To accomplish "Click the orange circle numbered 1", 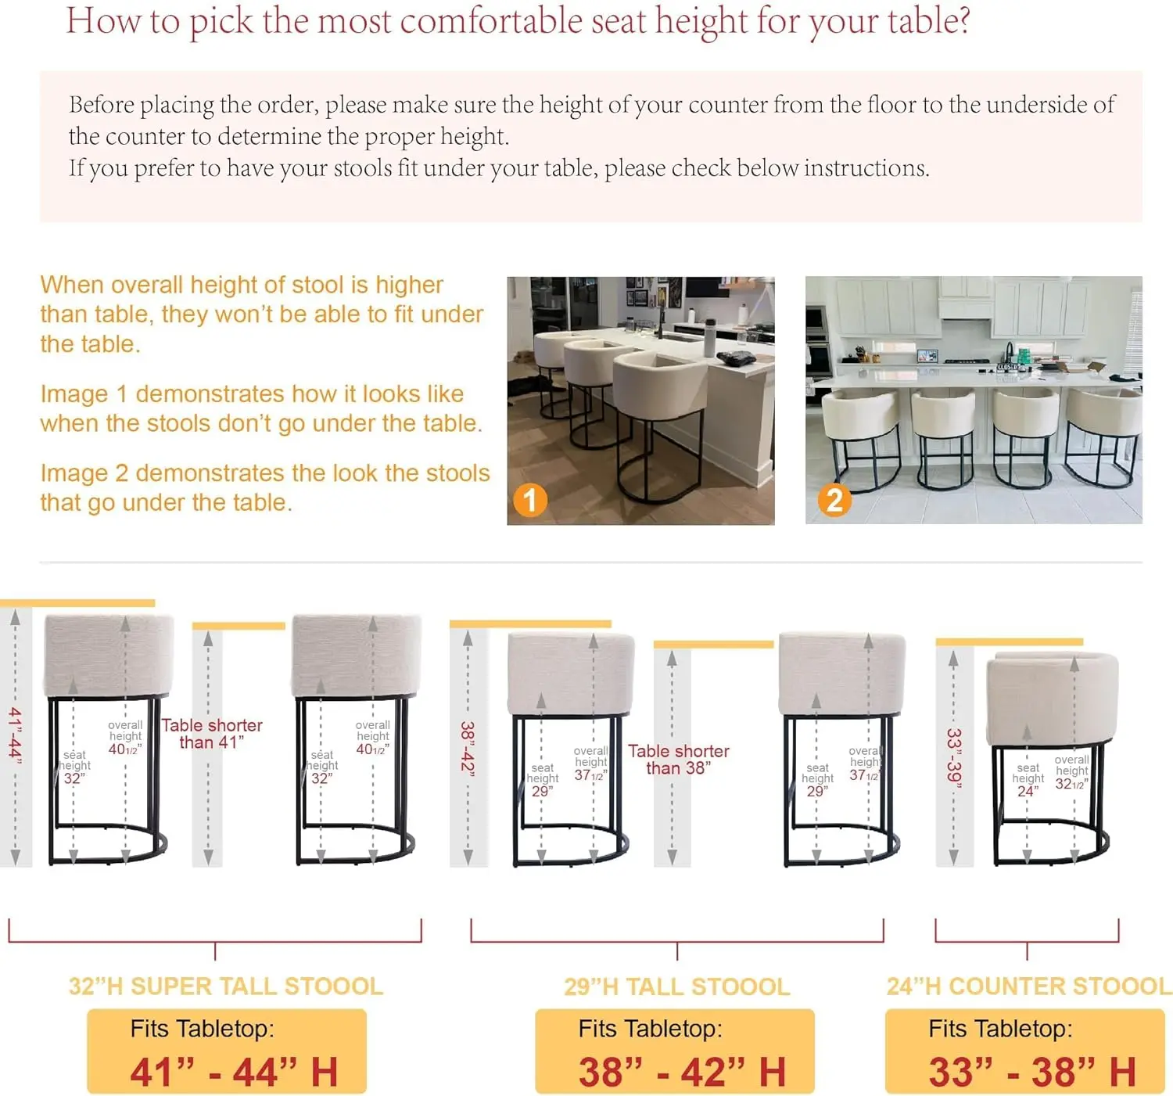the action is tap(529, 500).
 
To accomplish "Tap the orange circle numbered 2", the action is tap(834, 500).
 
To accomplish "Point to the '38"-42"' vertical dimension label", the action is tap(468, 747).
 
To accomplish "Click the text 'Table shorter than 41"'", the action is tap(212, 733).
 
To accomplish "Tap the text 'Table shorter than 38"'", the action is tap(679, 759).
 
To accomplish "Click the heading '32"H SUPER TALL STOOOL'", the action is tap(226, 986).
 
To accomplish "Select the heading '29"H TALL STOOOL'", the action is tap(677, 986).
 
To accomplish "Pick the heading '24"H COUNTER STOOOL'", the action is tap(1028, 986).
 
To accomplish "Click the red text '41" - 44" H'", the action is tap(234, 1072).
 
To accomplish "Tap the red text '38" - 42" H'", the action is tap(682, 1072).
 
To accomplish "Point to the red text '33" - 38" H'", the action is tap(1031, 1072).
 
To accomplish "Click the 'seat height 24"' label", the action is tap(1028, 780).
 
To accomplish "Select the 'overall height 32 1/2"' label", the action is tap(1071, 772).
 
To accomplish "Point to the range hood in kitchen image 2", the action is tap(966, 308).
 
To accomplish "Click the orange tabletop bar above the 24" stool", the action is tap(1010, 642).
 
